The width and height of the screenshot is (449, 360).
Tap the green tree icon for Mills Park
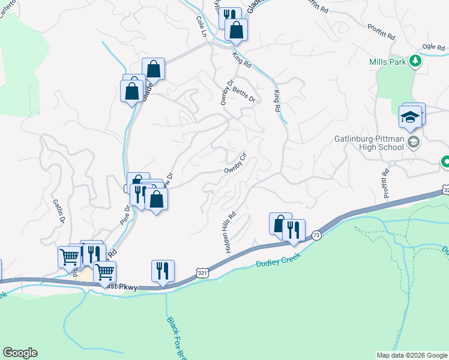point(414,61)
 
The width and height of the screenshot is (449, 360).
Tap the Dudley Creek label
point(277,262)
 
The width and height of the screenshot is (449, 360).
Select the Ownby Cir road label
point(236,163)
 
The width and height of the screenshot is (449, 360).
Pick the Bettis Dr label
point(244,93)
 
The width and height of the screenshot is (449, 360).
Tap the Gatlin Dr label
point(58,212)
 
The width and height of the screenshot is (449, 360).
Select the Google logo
point(20,353)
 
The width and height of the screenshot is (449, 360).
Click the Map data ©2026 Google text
point(412,355)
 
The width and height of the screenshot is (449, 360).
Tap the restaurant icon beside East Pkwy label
point(163,271)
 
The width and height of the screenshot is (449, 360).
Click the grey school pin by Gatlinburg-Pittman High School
point(413,142)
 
